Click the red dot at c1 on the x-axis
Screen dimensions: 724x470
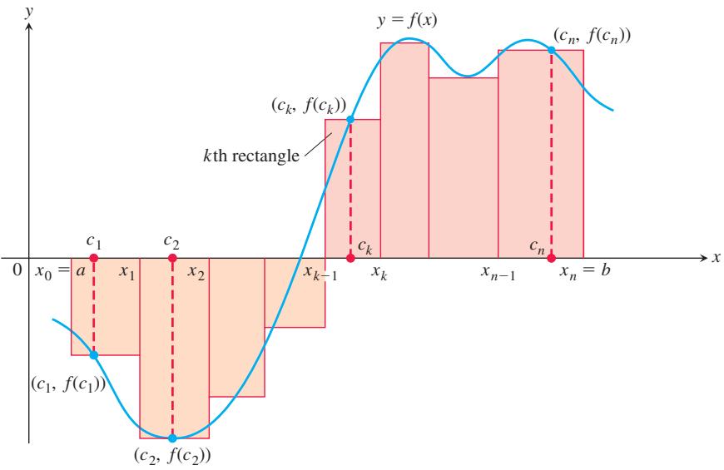(94, 258)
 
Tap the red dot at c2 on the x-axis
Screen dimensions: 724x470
(172, 258)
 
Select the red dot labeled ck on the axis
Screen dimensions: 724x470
(350, 258)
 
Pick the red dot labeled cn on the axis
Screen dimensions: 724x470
(551, 258)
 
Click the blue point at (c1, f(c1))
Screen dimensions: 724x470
(94, 354)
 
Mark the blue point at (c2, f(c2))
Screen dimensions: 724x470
(172, 438)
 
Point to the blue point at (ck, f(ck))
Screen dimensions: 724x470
(350, 119)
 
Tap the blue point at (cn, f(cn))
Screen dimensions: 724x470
(551, 49)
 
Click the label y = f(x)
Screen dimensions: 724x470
(407, 21)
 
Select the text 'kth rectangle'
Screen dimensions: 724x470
(251, 156)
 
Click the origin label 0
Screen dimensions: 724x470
(17, 270)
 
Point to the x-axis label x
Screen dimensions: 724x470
(716, 258)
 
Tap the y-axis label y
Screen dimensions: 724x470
(29, 12)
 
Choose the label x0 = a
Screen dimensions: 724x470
(60, 271)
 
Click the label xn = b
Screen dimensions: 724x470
(585, 270)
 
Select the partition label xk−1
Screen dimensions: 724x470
(320, 273)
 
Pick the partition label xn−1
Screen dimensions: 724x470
(498, 273)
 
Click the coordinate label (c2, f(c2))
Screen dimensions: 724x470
(172, 456)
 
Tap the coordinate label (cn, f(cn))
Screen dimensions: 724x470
(592, 36)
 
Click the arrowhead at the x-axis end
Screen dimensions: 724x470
(704, 258)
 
